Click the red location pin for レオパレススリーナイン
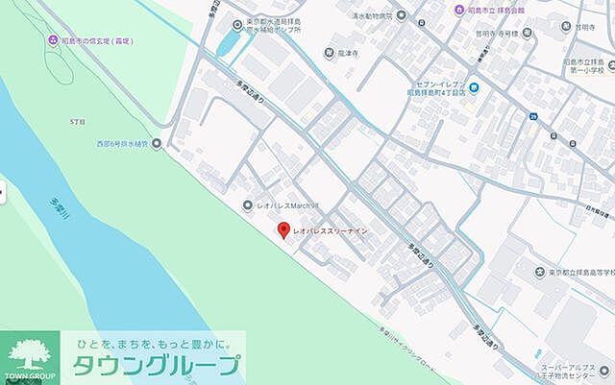coord(283,230)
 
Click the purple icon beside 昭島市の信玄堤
coord(52,41)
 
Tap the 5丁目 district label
coord(78,122)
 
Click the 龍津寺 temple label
coord(348,54)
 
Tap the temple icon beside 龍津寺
coord(328,54)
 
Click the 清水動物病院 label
coord(372,16)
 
